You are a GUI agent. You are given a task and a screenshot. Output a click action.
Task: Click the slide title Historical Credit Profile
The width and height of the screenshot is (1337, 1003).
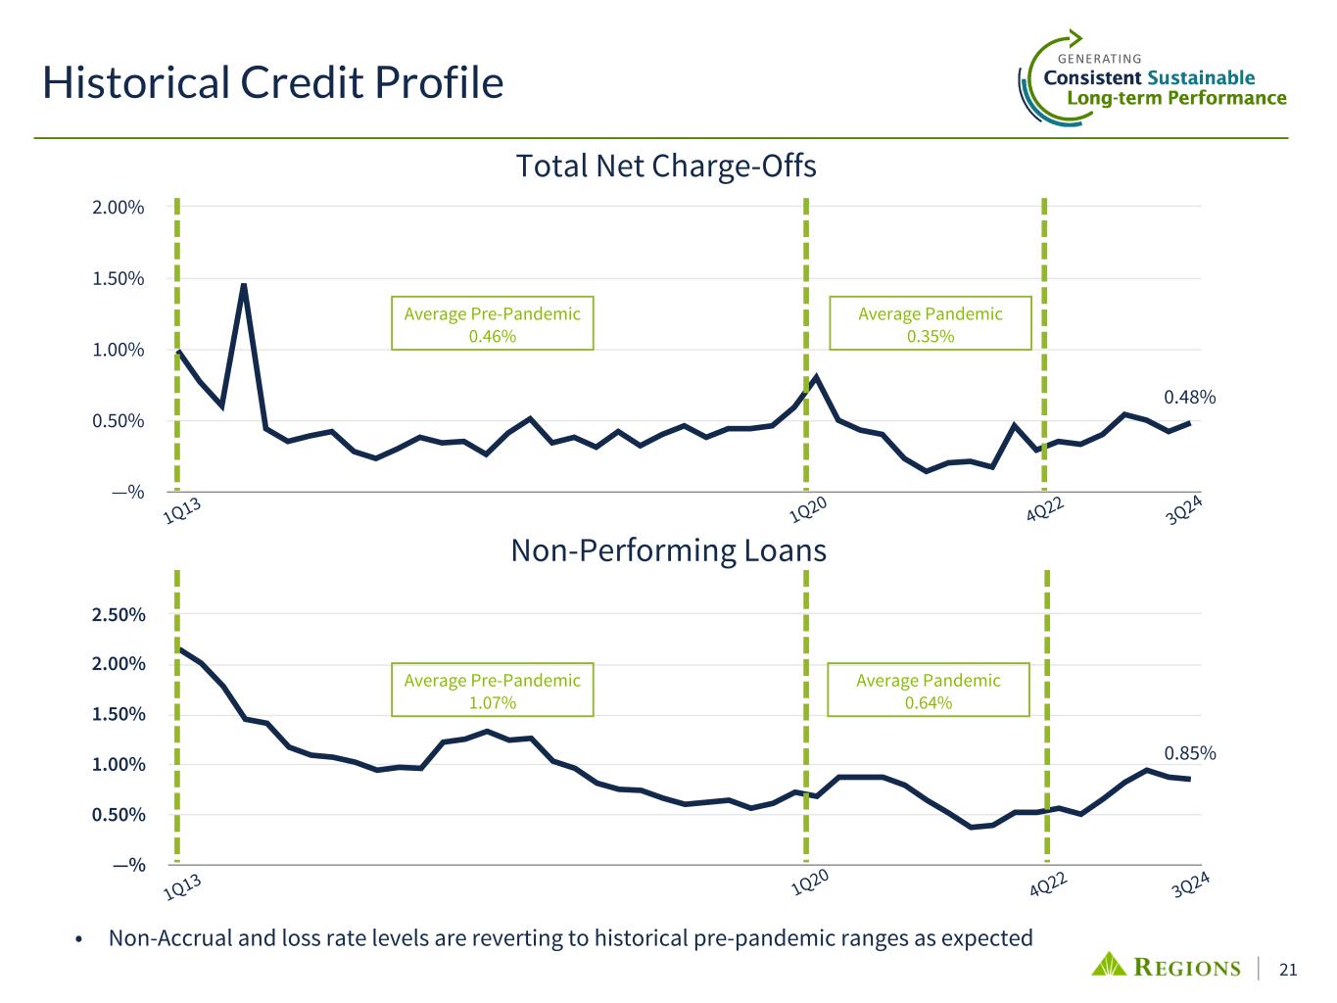tap(272, 83)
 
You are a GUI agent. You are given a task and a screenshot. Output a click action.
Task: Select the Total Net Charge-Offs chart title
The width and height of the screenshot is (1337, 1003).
tap(666, 167)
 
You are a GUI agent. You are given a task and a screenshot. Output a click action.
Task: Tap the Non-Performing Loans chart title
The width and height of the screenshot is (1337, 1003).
tap(669, 551)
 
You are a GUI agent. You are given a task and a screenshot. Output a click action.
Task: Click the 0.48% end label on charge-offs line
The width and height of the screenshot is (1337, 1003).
tap(1189, 397)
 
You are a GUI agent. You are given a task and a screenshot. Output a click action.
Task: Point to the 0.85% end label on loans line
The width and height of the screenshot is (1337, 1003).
tap(1189, 753)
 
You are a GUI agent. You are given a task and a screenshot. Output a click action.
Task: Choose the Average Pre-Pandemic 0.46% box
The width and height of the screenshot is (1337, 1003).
tap(492, 324)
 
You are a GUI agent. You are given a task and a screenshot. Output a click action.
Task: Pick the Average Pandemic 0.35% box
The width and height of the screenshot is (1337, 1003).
tap(930, 324)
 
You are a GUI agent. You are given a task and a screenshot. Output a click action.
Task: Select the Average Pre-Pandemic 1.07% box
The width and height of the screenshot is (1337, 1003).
tap(492, 691)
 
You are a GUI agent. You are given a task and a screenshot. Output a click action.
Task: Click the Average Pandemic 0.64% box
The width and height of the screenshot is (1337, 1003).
tap(928, 691)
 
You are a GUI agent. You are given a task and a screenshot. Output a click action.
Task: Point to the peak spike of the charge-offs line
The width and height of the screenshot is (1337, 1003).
tap(244, 285)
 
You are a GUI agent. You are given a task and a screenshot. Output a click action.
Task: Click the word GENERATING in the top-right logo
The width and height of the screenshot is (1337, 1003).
tap(1100, 59)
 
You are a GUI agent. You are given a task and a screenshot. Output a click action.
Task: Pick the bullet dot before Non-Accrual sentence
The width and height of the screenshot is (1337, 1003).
tap(79, 939)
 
